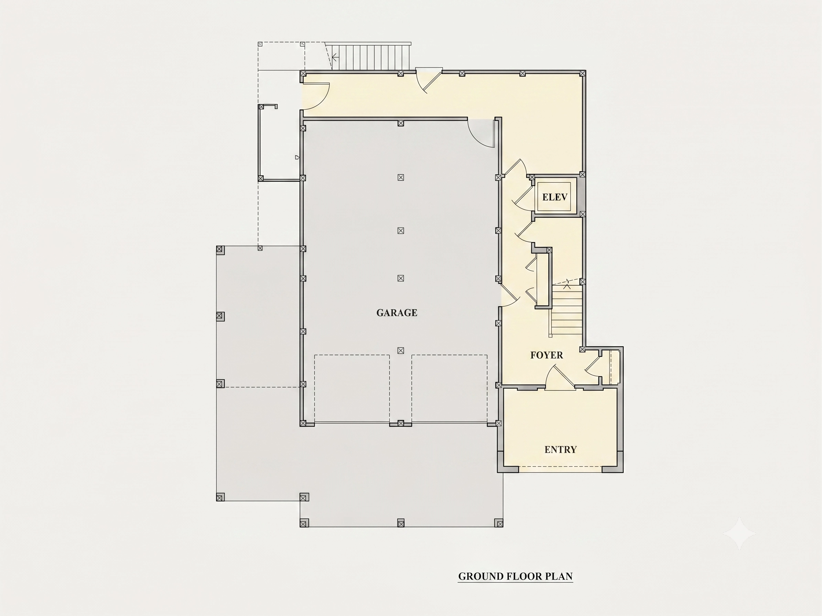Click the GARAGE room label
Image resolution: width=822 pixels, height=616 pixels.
point(397,313)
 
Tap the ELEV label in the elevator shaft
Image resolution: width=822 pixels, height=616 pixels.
point(554,197)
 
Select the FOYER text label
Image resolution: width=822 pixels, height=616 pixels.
point(546,355)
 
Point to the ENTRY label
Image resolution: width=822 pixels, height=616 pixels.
point(560,450)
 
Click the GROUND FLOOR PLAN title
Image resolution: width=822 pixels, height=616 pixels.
point(515,576)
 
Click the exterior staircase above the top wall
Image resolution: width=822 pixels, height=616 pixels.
point(371,56)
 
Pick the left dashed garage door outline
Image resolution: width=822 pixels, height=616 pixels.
point(352,388)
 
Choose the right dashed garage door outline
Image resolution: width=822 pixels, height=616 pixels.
point(449,388)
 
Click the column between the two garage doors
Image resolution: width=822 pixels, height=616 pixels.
point(401,423)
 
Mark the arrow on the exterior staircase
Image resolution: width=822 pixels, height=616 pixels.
point(335,57)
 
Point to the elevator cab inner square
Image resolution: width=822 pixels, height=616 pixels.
point(554,197)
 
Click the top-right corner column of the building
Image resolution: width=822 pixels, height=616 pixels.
point(582,73)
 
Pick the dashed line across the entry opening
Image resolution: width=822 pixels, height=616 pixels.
point(560,466)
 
